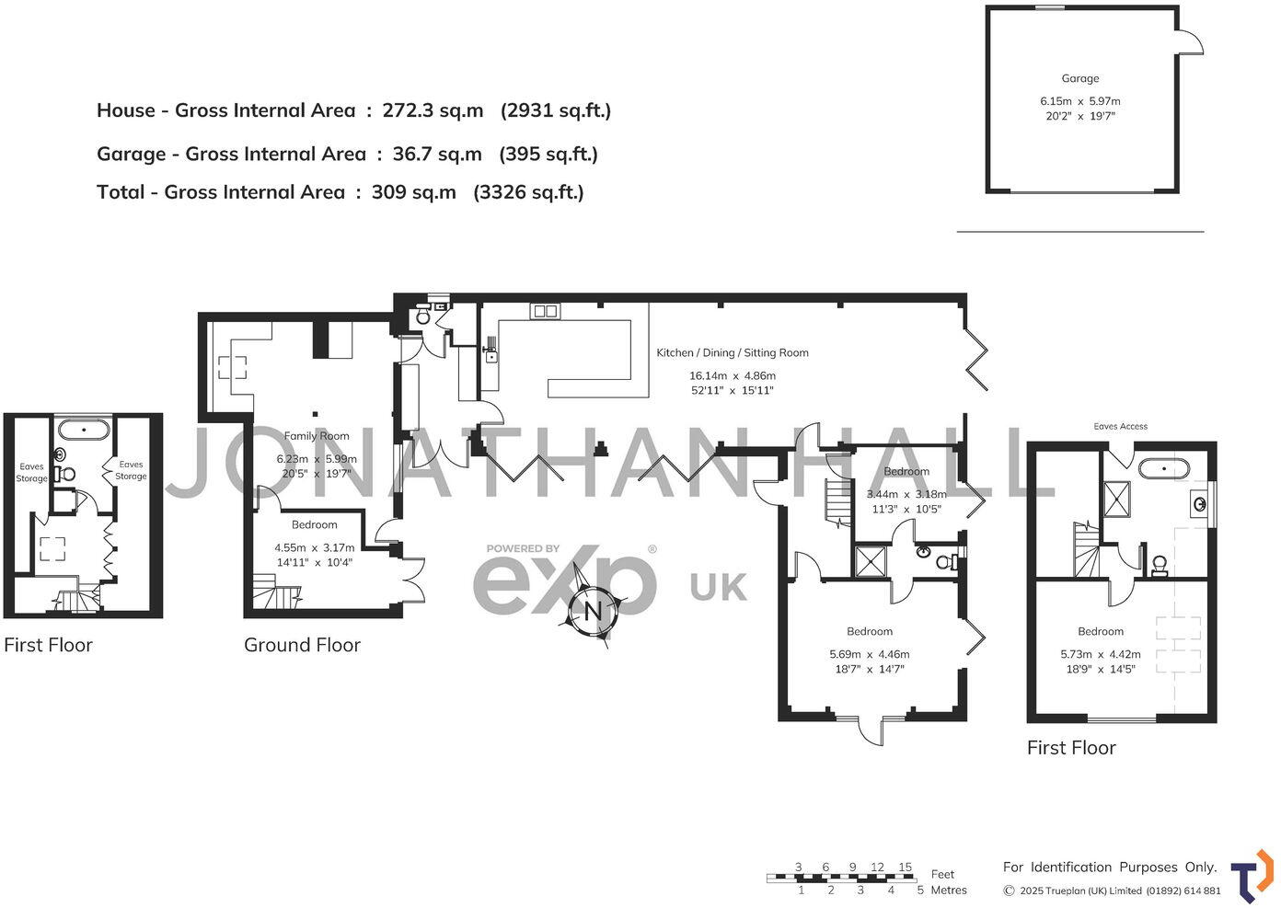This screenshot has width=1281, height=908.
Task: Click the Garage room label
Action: [x=1079, y=79]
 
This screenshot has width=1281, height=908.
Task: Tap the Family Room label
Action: [x=317, y=436]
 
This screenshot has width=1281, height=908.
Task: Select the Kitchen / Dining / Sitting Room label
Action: [x=733, y=352]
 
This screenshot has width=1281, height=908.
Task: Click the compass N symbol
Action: [x=592, y=611]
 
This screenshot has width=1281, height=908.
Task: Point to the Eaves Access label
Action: [x=1120, y=427]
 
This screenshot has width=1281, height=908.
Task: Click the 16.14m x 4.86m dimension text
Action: [x=733, y=375]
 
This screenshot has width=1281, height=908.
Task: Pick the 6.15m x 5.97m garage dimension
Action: [x=1079, y=101]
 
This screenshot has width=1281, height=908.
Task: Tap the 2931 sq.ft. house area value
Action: [x=556, y=110]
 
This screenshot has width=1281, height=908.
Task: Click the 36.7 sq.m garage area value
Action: [x=437, y=154]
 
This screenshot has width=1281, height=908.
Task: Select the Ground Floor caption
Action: [x=302, y=645]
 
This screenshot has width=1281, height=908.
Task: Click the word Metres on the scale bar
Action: [x=949, y=890]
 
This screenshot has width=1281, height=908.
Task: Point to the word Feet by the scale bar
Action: [x=942, y=874]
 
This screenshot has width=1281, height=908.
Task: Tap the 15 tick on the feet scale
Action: [x=906, y=867]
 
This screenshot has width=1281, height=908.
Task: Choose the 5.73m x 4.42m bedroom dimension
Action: [x=1101, y=654]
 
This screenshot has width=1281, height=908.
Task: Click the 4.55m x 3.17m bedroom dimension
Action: [x=314, y=547]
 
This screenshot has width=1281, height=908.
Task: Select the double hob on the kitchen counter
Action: [x=545, y=311]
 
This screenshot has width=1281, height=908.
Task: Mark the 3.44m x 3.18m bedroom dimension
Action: [x=906, y=494]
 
